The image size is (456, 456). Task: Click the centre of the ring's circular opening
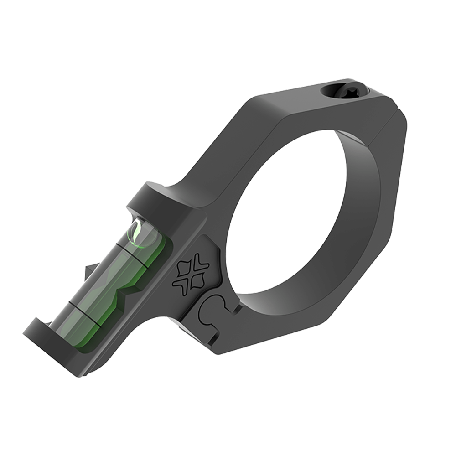pos(292,214)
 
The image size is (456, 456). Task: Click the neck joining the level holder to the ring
pos(196,201)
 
